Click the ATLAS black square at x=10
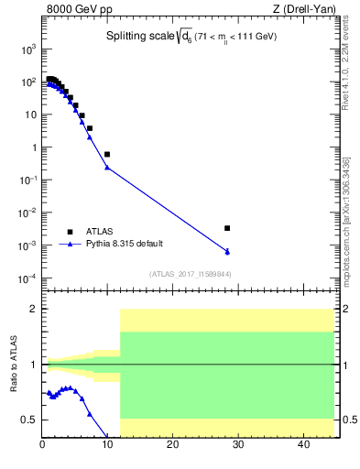[x=107, y=154]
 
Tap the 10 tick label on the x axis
[x=107, y=446]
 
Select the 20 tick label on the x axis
[x=172, y=446]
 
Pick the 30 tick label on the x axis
[x=237, y=446]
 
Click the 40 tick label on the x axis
[x=302, y=446]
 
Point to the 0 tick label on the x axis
[x=42, y=446]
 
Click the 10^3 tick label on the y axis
[x=28, y=49]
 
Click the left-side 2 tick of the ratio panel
[x=34, y=309]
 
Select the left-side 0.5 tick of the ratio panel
[x=29, y=420]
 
